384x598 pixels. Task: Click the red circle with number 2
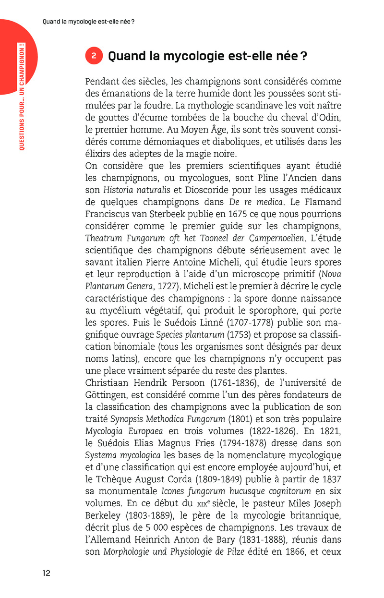pos(94,56)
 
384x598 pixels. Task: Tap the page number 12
pos(46,573)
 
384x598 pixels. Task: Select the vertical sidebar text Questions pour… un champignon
pos(22,96)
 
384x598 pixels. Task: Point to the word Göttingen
pos(109,394)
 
